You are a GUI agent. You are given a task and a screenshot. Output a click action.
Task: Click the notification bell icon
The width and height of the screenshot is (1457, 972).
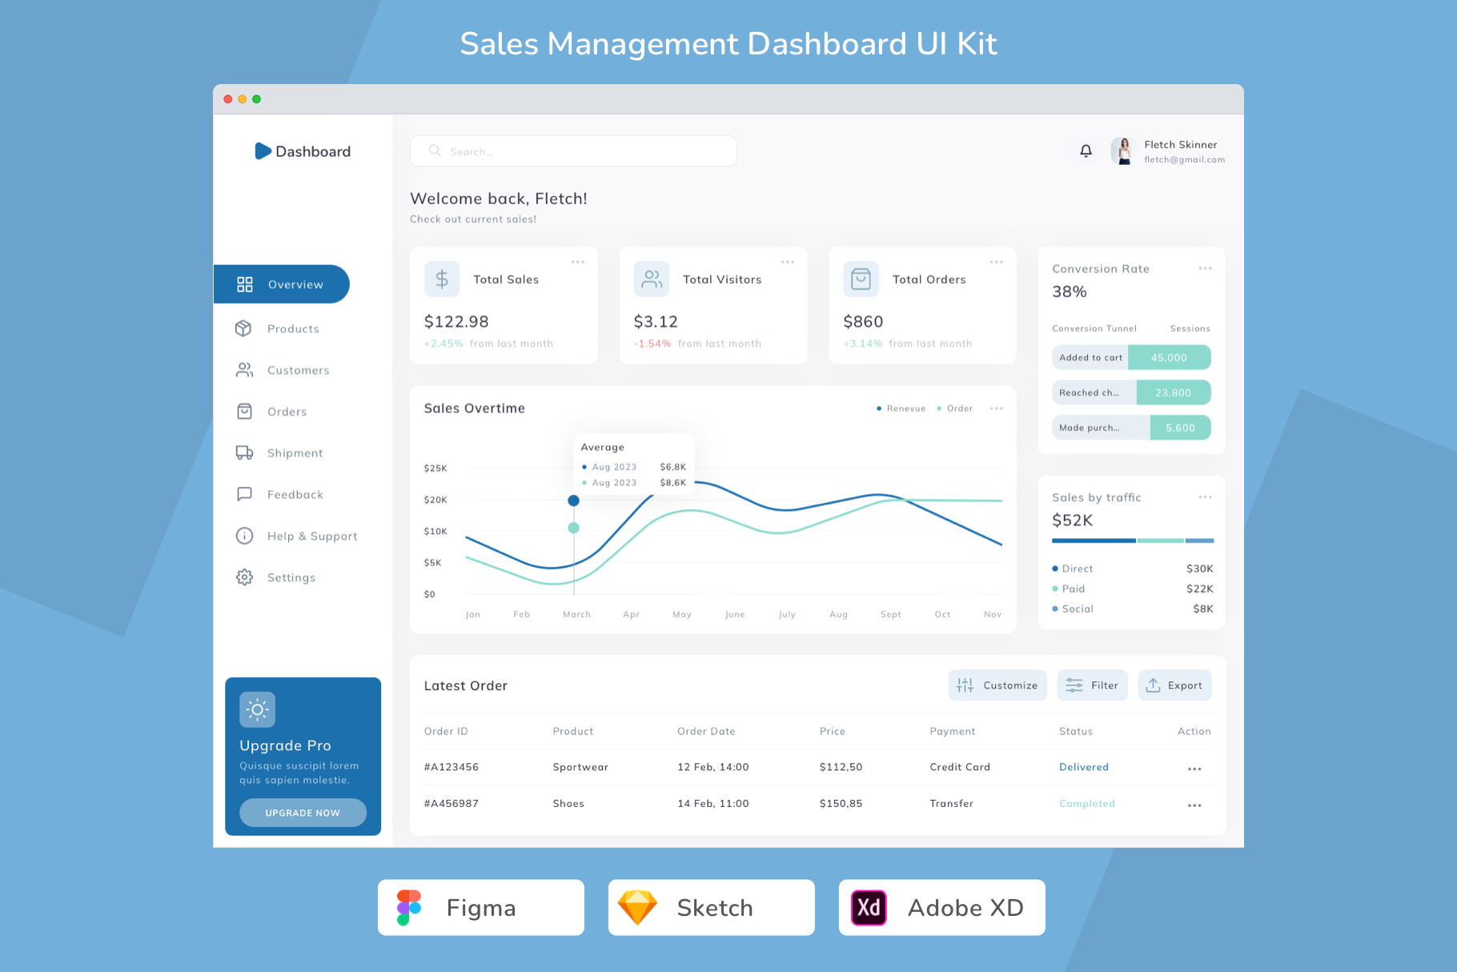[x=1086, y=151]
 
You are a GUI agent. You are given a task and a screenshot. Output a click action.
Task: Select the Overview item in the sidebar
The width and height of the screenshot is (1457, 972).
[x=281, y=284]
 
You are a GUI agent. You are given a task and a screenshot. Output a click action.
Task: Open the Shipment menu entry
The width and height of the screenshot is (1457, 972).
[x=279, y=453]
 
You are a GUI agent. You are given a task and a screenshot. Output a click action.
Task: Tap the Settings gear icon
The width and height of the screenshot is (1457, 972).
[x=244, y=577]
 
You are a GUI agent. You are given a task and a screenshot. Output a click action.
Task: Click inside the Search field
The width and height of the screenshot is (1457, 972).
[x=573, y=151]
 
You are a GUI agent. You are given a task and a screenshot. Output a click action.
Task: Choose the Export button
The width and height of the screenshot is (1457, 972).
[x=1174, y=685]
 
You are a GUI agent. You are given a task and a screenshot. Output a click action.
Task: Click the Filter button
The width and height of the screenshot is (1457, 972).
[x=1092, y=685]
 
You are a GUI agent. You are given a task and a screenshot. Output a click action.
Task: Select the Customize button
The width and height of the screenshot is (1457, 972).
[x=997, y=685]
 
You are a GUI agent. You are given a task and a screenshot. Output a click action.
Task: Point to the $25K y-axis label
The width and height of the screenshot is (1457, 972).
[x=435, y=468]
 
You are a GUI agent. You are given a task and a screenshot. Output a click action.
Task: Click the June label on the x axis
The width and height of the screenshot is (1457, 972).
[x=735, y=615]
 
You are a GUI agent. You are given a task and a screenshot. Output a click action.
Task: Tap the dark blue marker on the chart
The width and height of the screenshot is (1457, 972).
[x=573, y=500]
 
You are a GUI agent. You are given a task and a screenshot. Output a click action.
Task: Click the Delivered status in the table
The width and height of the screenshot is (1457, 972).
[x=1084, y=767]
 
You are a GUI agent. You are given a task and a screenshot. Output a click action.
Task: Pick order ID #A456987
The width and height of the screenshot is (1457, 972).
[x=452, y=804]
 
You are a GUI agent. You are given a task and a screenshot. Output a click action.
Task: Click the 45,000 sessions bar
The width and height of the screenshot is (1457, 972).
[x=1169, y=358]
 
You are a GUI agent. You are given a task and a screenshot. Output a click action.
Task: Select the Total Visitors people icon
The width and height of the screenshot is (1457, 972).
[x=652, y=279]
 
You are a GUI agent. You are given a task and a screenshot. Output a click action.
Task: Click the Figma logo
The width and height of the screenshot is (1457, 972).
[x=408, y=908]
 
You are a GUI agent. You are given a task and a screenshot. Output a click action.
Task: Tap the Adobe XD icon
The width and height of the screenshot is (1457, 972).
[x=869, y=908]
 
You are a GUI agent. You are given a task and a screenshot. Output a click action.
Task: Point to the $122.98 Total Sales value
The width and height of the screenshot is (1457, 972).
[x=456, y=322]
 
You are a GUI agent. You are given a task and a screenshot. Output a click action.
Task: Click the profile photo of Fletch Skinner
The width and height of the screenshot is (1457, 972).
[x=1124, y=151]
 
